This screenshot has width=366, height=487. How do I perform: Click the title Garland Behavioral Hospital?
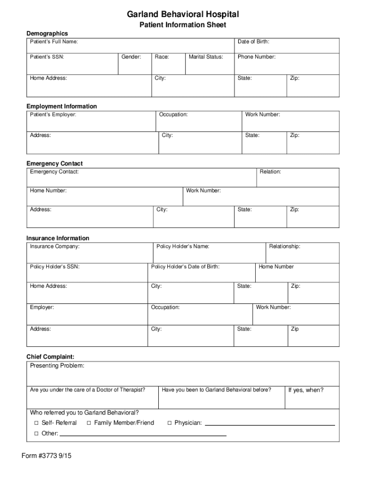183,14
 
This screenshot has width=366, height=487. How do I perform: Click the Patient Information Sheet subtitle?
183,25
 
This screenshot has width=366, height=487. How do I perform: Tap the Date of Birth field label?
253,42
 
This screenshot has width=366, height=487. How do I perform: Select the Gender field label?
131,57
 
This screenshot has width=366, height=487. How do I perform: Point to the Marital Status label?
206,57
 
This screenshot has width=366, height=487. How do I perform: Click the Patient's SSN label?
47,57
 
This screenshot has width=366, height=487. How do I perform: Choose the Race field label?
162,57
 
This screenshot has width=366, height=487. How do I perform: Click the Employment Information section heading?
61,106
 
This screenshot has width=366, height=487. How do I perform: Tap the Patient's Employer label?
53,115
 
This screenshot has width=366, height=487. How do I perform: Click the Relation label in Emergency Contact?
270,172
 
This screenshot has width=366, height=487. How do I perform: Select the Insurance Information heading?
58,238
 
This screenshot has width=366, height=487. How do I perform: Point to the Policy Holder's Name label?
183,246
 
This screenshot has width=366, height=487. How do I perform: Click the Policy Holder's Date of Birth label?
185,267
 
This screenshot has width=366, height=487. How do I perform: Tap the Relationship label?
285,246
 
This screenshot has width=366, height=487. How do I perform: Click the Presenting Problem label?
57,366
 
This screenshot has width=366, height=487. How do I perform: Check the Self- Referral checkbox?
36,423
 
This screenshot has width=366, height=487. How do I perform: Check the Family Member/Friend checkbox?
88,423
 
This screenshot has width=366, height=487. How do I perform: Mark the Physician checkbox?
169,423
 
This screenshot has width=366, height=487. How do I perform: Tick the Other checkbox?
36,434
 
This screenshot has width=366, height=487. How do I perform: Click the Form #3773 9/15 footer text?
47,456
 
